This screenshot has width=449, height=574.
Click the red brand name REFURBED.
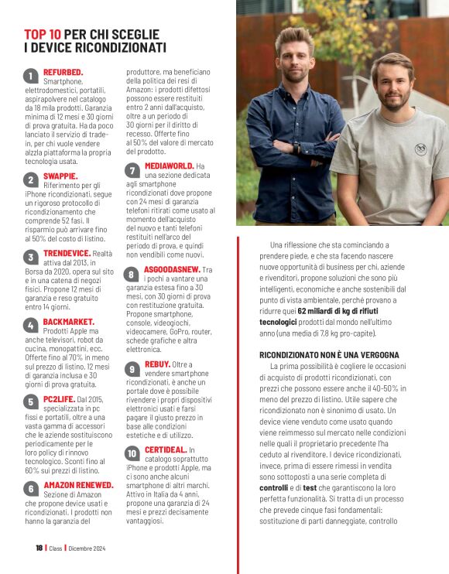(x=63, y=72)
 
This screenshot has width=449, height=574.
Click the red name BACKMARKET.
(x=69, y=321)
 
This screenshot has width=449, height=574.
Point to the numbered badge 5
(x=30, y=401)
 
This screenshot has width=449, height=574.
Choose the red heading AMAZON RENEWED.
(x=79, y=485)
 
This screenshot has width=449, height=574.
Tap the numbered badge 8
(x=132, y=274)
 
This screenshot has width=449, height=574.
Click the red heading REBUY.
(x=157, y=364)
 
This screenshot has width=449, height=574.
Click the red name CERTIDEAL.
(x=166, y=449)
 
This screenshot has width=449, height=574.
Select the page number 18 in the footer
(x=39, y=548)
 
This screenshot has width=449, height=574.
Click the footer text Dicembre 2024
(x=86, y=548)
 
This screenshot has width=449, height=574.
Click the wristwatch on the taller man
(x=296, y=146)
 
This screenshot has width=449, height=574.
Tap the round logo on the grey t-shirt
(x=420, y=149)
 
